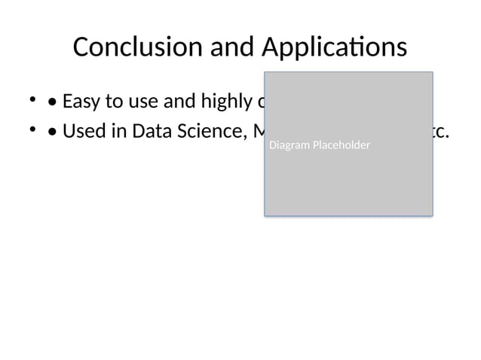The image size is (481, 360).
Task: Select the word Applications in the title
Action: (x=335, y=47)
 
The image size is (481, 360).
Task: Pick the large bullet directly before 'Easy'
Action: (x=51, y=101)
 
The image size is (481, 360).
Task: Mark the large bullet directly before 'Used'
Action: (x=51, y=132)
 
